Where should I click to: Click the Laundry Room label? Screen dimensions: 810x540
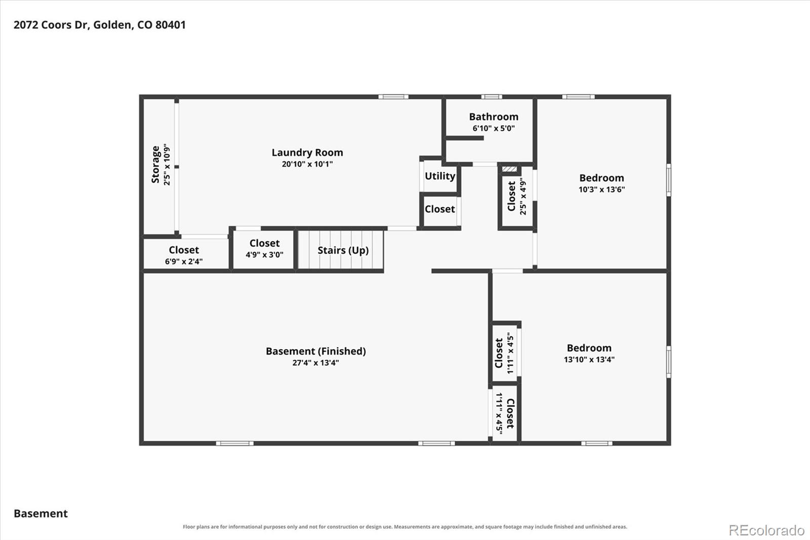(x=307, y=153)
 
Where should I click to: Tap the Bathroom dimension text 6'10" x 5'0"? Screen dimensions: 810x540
(x=494, y=128)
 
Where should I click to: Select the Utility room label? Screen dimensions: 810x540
(x=440, y=176)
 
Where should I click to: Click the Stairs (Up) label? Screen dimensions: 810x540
(x=343, y=250)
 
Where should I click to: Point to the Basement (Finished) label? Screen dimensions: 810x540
(x=316, y=351)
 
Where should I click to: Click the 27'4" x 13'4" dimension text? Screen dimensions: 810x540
(x=316, y=363)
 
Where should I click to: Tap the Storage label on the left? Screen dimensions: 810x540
(x=155, y=165)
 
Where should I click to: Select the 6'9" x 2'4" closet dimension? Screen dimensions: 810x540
(x=184, y=261)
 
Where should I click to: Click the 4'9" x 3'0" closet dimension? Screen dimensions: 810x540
(x=264, y=254)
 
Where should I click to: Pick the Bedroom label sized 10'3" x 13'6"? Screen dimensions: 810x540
(x=602, y=178)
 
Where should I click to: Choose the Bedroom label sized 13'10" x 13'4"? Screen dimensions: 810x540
(x=589, y=348)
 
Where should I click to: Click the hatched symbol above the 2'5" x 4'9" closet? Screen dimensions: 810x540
(x=509, y=169)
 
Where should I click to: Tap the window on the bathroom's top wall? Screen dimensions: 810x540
(x=492, y=97)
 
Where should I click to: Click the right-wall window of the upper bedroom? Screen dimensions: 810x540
(x=669, y=180)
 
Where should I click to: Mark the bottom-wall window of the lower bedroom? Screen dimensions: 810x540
(x=597, y=443)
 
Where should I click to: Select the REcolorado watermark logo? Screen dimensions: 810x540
(x=766, y=530)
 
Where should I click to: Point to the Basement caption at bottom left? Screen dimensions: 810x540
(x=40, y=514)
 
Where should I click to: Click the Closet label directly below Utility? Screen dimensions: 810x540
(x=440, y=209)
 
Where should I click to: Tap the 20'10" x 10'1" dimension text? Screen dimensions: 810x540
(x=307, y=164)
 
